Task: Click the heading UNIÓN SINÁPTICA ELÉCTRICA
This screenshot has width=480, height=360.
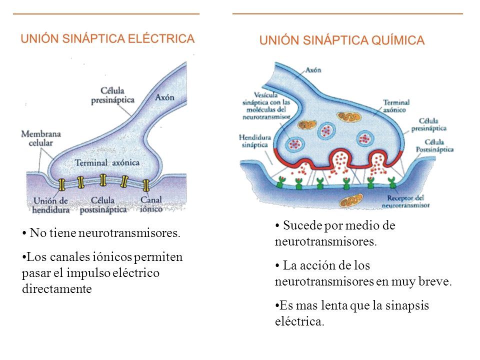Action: tap(107, 38)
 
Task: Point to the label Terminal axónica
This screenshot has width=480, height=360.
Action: tap(107, 163)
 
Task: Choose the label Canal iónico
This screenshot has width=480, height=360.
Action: tap(151, 205)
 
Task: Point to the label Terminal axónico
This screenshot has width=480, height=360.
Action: tap(396, 105)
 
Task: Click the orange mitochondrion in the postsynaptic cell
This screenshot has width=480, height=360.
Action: tap(349, 201)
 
